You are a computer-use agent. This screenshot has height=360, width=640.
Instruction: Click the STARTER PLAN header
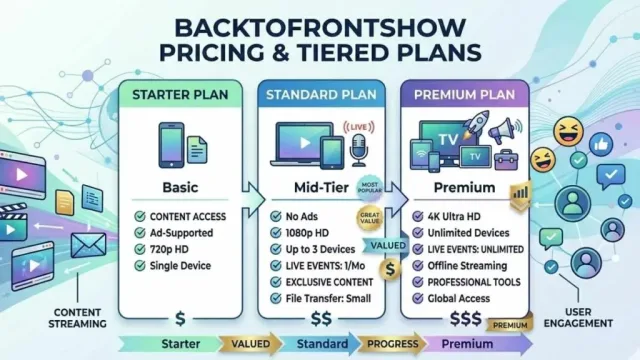click(x=180, y=95)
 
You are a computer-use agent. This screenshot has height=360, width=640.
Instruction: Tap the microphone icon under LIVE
click(x=359, y=150)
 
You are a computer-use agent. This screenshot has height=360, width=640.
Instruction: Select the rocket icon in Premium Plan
click(x=478, y=122)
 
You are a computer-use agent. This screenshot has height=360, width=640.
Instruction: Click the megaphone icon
click(x=505, y=130)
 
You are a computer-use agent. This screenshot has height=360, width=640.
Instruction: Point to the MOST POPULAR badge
click(x=369, y=188)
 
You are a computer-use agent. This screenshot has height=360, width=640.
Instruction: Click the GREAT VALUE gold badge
click(x=370, y=218)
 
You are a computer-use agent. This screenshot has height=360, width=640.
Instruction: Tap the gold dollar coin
click(x=390, y=269)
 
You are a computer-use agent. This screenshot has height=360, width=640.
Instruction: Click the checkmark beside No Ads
click(x=276, y=216)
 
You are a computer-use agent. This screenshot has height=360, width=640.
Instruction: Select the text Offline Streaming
click(x=467, y=266)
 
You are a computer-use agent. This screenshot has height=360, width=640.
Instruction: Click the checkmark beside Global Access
click(x=418, y=298)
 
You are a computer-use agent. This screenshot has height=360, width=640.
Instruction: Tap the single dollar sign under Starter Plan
click(x=180, y=318)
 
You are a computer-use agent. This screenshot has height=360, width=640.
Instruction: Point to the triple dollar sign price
click(x=466, y=318)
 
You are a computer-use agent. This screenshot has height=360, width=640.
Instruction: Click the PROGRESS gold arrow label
click(x=392, y=344)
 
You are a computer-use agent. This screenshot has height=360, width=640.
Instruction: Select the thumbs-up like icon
click(x=601, y=144)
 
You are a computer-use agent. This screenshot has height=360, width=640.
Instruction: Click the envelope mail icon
click(x=88, y=245)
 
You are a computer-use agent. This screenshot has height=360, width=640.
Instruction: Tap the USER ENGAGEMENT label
click(x=578, y=318)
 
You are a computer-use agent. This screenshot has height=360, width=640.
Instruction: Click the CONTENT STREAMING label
click(x=77, y=318)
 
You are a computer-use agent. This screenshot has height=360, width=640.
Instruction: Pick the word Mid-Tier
click(x=321, y=188)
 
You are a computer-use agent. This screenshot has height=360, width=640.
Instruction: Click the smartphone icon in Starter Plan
click(x=171, y=145)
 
